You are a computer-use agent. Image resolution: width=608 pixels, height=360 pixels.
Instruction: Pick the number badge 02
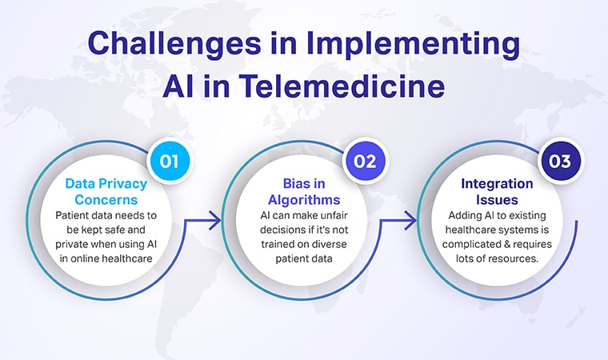[365, 161]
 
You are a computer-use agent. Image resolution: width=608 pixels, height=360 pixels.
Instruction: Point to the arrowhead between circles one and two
[216, 218]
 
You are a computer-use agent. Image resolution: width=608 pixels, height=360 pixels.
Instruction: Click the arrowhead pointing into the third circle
[413, 218]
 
